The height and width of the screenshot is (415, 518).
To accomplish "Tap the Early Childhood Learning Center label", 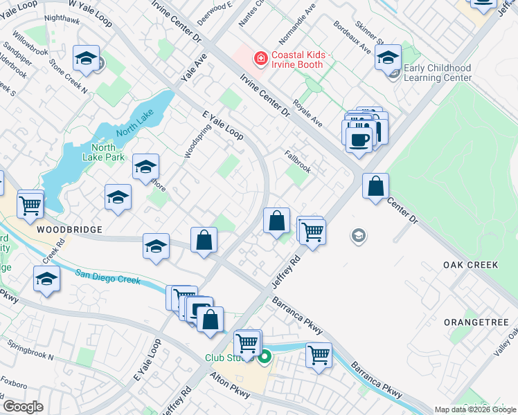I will (x=437, y=73).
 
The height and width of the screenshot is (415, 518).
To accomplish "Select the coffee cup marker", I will (x=359, y=138).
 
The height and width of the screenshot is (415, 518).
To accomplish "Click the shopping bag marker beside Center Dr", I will (x=375, y=187).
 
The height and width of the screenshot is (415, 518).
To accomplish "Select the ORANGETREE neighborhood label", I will (x=476, y=322).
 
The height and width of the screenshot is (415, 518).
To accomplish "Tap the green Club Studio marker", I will (x=264, y=358).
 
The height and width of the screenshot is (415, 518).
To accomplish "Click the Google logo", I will (x=23, y=406).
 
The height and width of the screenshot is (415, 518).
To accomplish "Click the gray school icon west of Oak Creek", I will (x=358, y=237).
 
